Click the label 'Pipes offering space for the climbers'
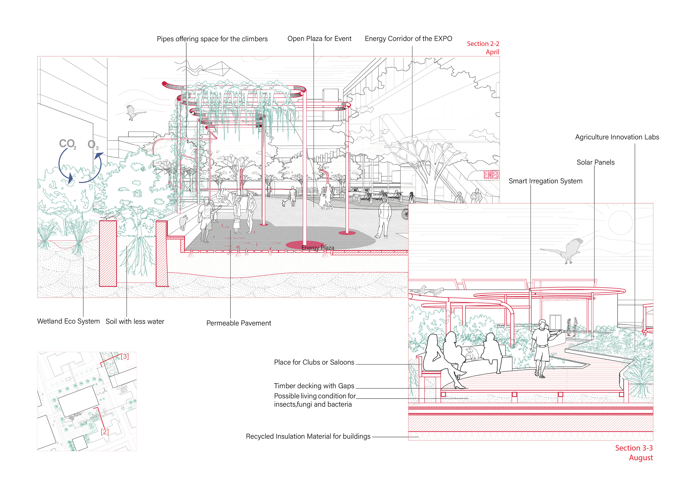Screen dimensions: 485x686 click(212, 39)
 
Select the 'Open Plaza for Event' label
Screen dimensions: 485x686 click(319, 39)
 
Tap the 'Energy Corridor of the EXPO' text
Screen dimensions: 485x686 click(408, 39)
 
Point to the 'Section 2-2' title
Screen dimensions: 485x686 click(483, 44)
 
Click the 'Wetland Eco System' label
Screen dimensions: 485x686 click(68, 321)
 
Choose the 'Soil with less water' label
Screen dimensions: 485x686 click(135, 322)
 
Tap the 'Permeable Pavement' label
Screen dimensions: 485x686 click(238, 323)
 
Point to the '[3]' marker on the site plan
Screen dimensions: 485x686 click(125, 356)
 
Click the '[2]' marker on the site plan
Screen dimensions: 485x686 click(105, 432)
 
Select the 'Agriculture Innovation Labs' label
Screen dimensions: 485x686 click(617, 137)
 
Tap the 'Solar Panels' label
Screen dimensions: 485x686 click(595, 162)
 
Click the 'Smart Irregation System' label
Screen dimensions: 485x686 click(545, 181)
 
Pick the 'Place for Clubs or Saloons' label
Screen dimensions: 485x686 click(314, 362)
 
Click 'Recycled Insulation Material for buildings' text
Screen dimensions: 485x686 click(308, 437)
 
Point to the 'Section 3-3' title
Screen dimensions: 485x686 click(633, 448)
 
